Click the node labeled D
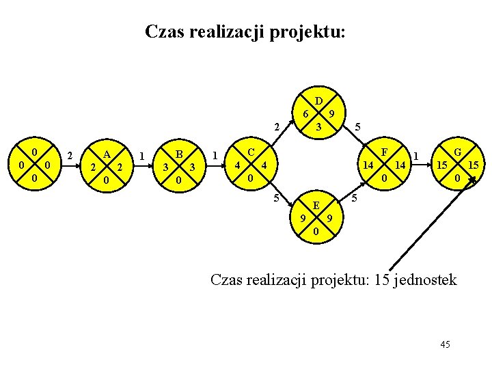[x=318, y=113]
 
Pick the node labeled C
[x=250, y=165]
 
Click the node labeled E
[x=315, y=218]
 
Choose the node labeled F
[x=384, y=165]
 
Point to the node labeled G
[x=457, y=165]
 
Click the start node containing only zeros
[x=33, y=165]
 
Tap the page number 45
[x=445, y=344]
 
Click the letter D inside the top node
[x=318, y=100]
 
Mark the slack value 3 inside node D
[x=318, y=127]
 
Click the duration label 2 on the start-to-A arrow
[x=70, y=156]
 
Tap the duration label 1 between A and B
[x=141, y=156]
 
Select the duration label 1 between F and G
[x=416, y=156]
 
